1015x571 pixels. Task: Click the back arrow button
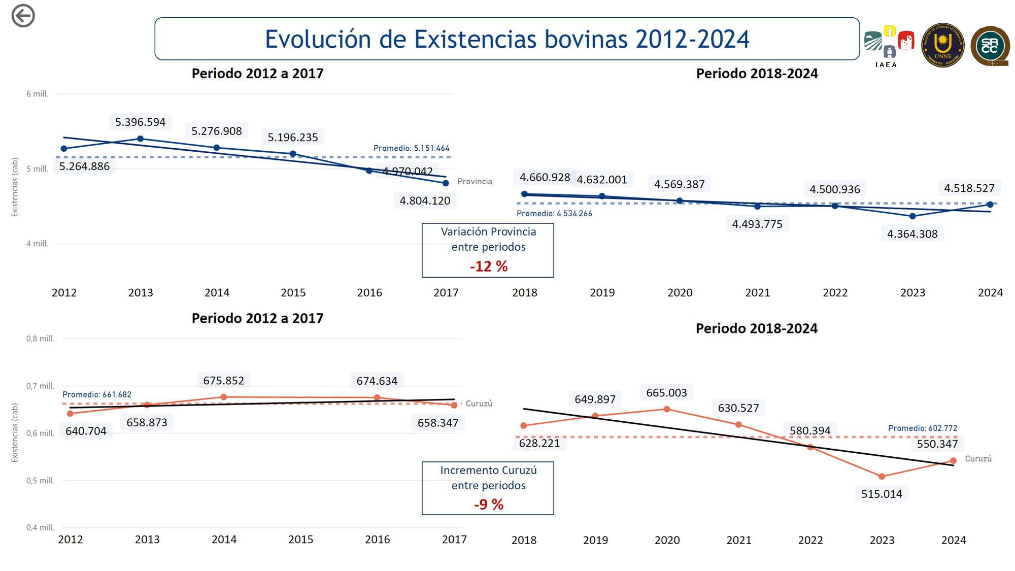(23, 16)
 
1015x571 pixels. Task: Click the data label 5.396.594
(140, 122)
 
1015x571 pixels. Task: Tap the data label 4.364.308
(912, 234)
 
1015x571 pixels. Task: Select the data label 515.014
(882, 494)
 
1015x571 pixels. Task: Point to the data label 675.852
(223, 381)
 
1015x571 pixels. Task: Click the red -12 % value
(488, 266)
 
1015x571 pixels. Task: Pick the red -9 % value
(488, 505)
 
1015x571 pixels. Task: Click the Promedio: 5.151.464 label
(411, 148)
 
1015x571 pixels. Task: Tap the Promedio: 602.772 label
(922, 428)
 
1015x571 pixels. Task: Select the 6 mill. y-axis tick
(37, 94)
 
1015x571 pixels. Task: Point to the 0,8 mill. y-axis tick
(40, 339)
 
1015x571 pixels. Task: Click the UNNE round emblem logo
(942, 45)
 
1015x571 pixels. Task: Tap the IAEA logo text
(886, 65)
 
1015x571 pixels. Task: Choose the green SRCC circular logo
(990, 46)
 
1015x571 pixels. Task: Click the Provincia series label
(475, 182)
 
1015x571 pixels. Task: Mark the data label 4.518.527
(969, 188)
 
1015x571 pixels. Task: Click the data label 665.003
(666, 393)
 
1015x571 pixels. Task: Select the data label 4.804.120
(425, 200)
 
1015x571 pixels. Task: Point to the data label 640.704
(86, 431)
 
